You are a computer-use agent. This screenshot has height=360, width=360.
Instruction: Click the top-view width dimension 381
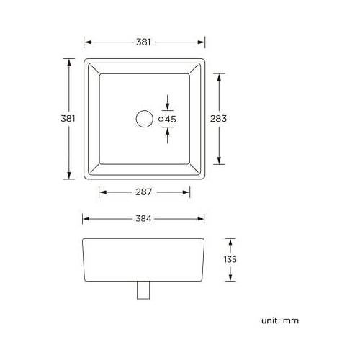coord(144,42)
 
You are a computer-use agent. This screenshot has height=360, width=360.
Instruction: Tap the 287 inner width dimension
coord(144,192)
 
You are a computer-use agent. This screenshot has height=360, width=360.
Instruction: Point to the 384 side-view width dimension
coord(143,219)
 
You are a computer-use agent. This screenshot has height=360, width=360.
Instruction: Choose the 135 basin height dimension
coord(230,260)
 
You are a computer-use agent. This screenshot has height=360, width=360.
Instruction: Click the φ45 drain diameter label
coord(167,118)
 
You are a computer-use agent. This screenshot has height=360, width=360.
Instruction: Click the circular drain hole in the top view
coord(144,118)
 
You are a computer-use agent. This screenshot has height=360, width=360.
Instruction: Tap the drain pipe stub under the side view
coord(143,289)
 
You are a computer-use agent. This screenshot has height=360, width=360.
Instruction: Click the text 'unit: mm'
coord(279,320)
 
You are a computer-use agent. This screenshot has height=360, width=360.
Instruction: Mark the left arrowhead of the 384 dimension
coord(86,219)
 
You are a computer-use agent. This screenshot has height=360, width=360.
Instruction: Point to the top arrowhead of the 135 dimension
coord(230,243)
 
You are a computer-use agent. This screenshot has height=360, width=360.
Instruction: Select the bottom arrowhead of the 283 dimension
coord(218,161)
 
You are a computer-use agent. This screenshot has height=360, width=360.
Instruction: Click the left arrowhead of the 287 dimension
coord(101,192)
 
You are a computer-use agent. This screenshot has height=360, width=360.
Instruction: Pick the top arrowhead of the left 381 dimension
coord(69,62)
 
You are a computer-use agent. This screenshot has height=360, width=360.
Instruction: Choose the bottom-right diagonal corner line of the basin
coord(197,170)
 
